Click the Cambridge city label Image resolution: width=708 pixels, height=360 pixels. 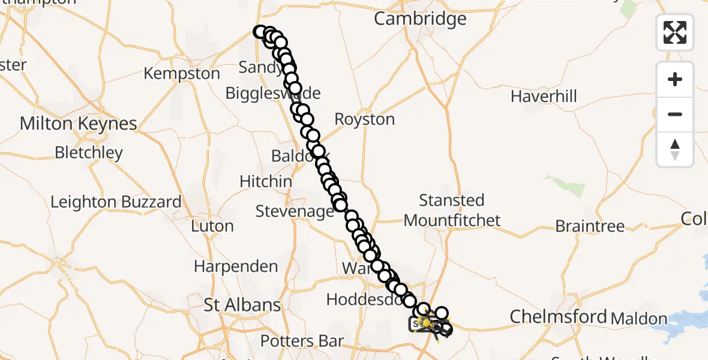[420, 19]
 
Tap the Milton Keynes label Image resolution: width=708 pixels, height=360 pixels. [78, 124]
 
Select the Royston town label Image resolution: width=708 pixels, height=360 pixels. [365, 119]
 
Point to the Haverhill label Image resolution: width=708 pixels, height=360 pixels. [544, 96]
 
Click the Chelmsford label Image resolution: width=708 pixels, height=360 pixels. [558, 316]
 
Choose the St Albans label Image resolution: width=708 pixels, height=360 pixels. [242, 305]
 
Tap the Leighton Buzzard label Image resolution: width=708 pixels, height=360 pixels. [116, 202]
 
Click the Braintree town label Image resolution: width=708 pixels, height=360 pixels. [590, 226]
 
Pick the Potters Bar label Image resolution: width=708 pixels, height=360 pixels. [302, 341]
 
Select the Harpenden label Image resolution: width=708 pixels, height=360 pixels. [236, 266]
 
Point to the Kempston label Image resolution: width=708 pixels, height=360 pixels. [182, 74]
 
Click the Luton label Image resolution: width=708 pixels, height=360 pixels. [212, 226]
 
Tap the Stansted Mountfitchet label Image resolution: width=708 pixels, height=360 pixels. [452, 210]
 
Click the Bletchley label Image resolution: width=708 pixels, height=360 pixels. [88, 152]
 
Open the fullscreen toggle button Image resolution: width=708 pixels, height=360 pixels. [675, 32]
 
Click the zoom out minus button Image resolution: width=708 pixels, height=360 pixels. [675, 114]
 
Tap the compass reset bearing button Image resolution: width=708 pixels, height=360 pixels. [675, 149]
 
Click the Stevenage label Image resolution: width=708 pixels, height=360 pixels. [295, 211]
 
